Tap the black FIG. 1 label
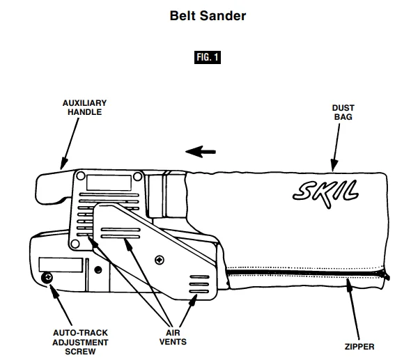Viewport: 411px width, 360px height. (207, 57)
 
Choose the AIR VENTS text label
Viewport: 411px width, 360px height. (171, 337)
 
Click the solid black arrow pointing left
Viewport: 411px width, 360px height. (200, 150)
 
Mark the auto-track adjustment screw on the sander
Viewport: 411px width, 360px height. (48, 277)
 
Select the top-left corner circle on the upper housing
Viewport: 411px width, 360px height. (80, 175)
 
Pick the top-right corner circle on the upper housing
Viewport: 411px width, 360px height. (140, 175)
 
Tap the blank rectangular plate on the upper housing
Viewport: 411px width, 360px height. (109, 184)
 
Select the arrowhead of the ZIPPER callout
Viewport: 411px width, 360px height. (349, 288)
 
